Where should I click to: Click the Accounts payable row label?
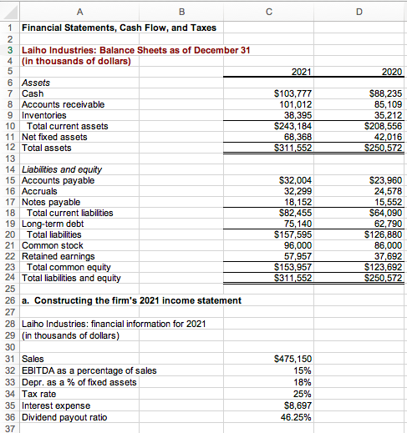pyautogui.click(x=58, y=180)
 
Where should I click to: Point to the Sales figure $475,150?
pyautogui.click(x=293, y=358)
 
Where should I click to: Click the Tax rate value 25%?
pyautogui.click(x=303, y=390)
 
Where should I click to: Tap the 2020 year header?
pyautogui.click(x=389, y=73)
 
